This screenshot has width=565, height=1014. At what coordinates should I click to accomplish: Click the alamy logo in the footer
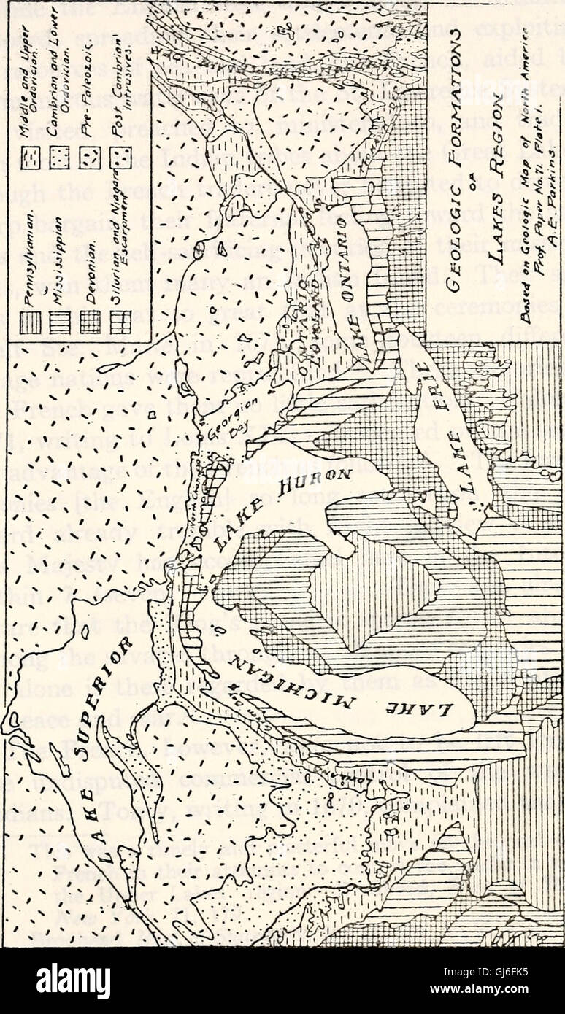coord(73,981)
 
